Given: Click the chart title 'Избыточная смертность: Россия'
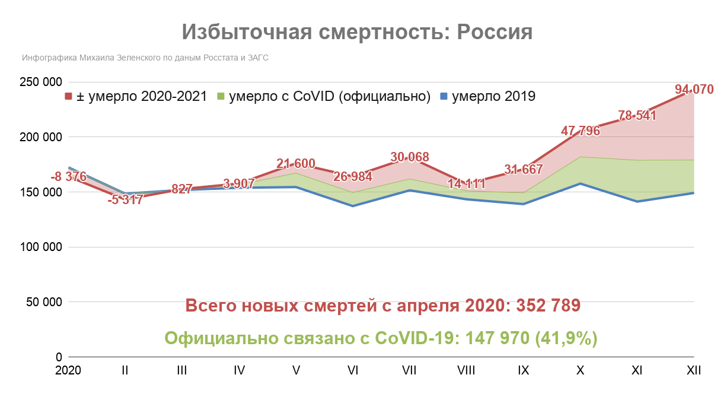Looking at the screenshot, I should [x=357, y=32].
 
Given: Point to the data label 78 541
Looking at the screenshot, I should [x=637, y=116].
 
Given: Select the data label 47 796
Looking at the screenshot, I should [x=581, y=131].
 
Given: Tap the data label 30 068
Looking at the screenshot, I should [x=409, y=157].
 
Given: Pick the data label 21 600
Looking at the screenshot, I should [x=295, y=164].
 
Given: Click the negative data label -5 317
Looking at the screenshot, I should [x=125, y=200].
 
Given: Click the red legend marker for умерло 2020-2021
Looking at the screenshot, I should [x=68, y=97].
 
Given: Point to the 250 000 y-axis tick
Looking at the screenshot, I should [x=40, y=82].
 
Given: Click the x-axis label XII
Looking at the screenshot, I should [x=694, y=370].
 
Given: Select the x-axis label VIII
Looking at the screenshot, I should [x=466, y=370].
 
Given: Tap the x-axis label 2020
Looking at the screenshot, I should [x=68, y=370].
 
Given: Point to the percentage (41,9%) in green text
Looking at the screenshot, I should [x=566, y=338].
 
